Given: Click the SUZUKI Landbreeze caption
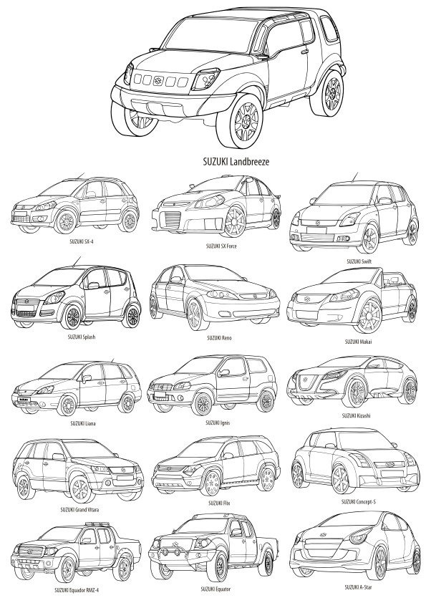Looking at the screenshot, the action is click(x=236, y=162).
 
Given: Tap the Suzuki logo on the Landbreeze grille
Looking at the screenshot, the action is click(x=158, y=80).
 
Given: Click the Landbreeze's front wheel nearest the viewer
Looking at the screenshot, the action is click(x=243, y=120).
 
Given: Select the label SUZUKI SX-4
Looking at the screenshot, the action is click(x=82, y=241).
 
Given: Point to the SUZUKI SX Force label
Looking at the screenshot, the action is click(x=221, y=246).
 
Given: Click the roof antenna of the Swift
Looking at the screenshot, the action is click(x=354, y=177).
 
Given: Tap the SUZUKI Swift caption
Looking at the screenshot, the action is click(x=359, y=261).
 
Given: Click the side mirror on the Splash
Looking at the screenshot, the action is click(x=93, y=285).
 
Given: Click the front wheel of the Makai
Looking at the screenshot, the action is click(x=367, y=316).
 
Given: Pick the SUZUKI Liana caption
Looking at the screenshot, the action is click(x=83, y=423).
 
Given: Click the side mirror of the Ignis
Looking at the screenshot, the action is click(x=223, y=372).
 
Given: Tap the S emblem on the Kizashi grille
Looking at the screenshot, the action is click(x=304, y=379).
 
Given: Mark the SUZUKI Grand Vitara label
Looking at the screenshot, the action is click(x=79, y=510).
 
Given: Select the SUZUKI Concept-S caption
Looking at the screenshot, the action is click(x=359, y=502).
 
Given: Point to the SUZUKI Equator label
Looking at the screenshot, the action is click(x=216, y=589).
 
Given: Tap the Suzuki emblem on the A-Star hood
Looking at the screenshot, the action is click(x=323, y=534).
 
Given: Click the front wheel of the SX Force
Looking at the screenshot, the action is click(x=234, y=222).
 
